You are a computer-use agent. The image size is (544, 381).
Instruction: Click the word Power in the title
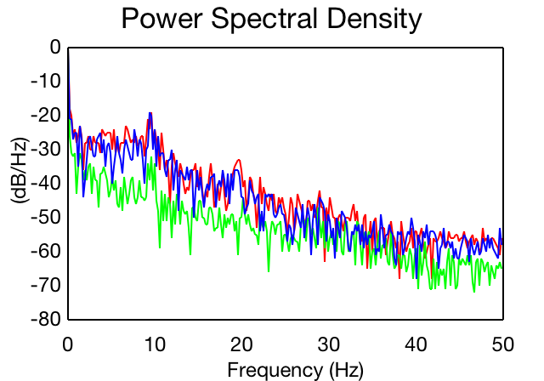point(161,18)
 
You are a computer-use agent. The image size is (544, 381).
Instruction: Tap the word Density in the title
point(375,19)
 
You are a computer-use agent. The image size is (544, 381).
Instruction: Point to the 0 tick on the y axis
point(55,47)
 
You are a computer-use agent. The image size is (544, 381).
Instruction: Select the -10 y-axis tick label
point(46,81)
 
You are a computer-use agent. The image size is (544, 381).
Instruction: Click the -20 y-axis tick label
point(46,115)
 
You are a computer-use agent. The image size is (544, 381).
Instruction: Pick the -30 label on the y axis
point(46,149)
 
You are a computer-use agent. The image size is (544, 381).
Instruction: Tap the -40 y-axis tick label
point(46,183)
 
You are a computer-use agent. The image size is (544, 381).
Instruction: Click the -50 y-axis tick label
point(46,217)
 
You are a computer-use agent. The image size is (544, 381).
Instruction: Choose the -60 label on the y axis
point(46,251)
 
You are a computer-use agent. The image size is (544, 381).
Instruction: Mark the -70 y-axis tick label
point(46,285)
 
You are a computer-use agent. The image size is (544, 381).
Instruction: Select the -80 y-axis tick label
point(46,319)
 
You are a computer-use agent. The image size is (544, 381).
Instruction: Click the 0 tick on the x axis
point(68,344)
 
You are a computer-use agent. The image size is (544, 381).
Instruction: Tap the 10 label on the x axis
point(155,344)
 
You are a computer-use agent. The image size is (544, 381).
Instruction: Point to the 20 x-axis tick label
point(241,344)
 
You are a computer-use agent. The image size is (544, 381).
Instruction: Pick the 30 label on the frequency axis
point(329,344)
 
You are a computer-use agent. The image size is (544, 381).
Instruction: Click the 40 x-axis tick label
point(416,344)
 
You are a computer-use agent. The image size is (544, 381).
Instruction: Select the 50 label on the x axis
point(502,344)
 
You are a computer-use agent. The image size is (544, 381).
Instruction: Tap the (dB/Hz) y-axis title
point(20,171)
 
